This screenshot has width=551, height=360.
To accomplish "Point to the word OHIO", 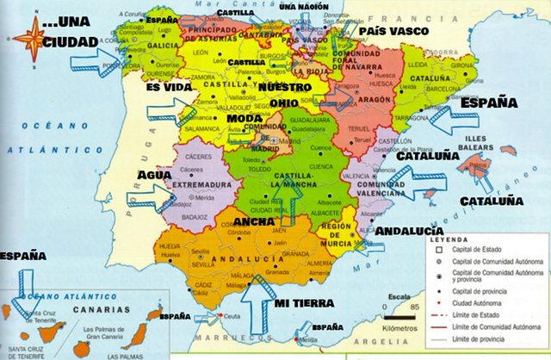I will [x=283, y=103].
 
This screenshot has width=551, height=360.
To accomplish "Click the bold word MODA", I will [x=245, y=117].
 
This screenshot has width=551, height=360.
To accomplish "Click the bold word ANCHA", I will [x=255, y=221].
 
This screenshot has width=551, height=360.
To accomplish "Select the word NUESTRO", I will [x=285, y=88].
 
